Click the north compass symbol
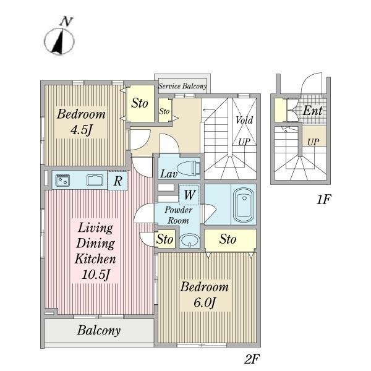click(59, 41)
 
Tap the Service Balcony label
click(182, 86)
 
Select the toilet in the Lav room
click(189, 168)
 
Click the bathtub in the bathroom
click(244, 204)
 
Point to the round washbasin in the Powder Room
click(189, 240)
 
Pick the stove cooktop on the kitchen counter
click(62, 181)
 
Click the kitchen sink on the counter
click(95, 181)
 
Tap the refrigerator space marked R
click(117, 181)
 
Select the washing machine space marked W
click(189, 195)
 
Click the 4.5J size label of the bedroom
click(81, 130)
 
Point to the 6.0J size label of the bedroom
click(205, 302)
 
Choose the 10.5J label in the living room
click(96, 275)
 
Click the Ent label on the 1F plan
click(312, 111)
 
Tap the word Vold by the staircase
click(244, 120)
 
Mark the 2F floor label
click(252, 359)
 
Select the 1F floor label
click(323, 200)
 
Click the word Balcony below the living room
click(99, 330)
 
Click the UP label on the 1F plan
click(313, 142)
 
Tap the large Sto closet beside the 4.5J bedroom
click(140, 103)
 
